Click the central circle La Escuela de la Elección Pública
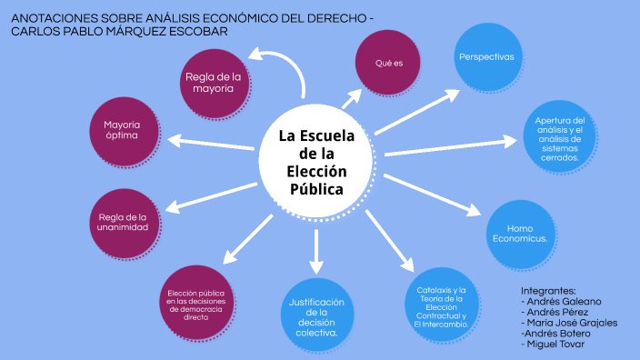point(315,163)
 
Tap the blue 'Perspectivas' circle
point(486,56)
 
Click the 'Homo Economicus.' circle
point(519,232)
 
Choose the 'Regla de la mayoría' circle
point(215,83)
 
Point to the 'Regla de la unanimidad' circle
point(125,222)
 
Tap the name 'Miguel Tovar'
point(555,344)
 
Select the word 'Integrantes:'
point(548,290)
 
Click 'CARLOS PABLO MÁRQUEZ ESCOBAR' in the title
point(118,31)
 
